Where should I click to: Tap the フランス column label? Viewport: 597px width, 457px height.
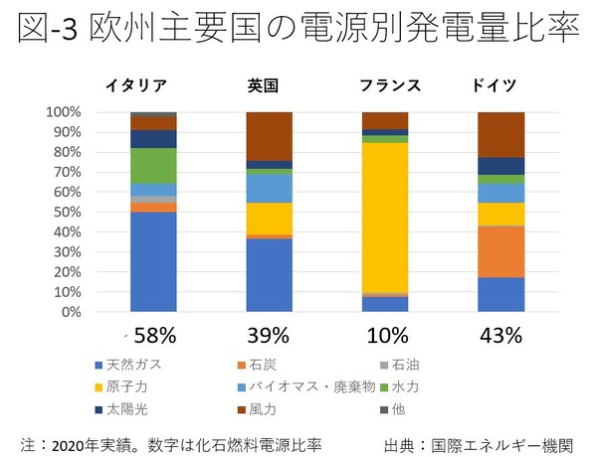(x=384, y=85)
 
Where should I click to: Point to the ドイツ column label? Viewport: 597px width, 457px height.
(x=499, y=85)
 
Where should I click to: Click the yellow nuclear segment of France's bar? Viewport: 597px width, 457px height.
(x=384, y=218)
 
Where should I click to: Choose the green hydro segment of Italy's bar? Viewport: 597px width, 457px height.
(x=153, y=165)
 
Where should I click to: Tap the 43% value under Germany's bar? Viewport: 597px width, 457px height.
(x=500, y=335)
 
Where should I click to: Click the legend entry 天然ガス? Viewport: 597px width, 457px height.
(x=130, y=365)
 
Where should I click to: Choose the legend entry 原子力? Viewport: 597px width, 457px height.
(x=126, y=385)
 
